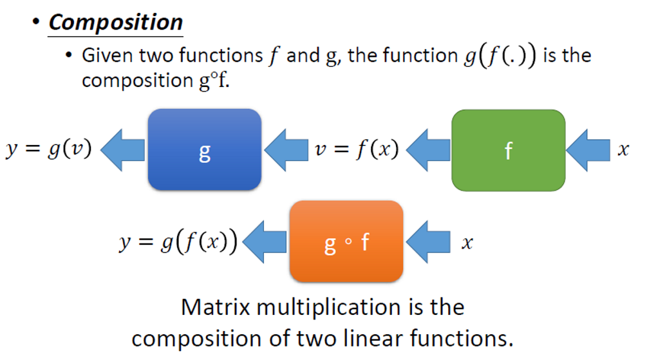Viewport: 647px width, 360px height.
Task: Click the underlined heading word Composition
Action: pyautogui.click(x=116, y=23)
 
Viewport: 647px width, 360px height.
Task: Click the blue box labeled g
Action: pyautogui.click(x=204, y=150)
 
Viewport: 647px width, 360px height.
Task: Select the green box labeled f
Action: pyautogui.click(x=508, y=150)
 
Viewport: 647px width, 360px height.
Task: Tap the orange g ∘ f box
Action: pyautogui.click(x=346, y=242)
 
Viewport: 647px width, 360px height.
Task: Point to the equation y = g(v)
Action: pyautogui.click(x=49, y=149)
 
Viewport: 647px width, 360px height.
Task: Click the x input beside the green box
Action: pyautogui.click(x=622, y=150)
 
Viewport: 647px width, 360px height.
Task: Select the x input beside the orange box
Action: pyautogui.click(x=467, y=243)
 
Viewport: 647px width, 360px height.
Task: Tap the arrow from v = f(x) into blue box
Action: pyautogui.click(x=285, y=151)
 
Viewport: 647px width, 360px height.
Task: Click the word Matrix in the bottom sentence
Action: pyautogui.click(x=214, y=307)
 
